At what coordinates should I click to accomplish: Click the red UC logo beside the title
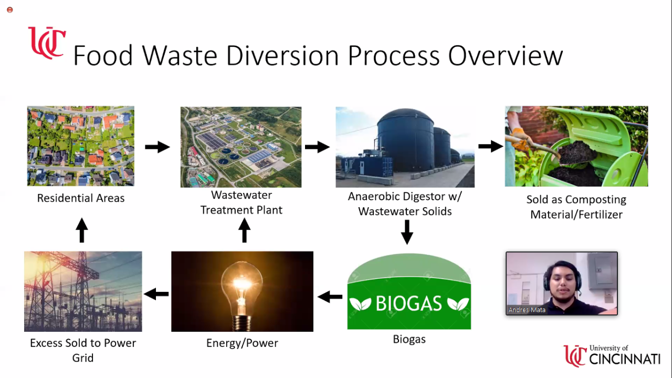click(46, 43)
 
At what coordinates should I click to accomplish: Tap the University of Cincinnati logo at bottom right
click(612, 355)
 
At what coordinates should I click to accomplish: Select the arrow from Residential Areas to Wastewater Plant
click(157, 147)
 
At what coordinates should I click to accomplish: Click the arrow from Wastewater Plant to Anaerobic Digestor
click(317, 147)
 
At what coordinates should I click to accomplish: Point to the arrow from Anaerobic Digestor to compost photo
click(490, 146)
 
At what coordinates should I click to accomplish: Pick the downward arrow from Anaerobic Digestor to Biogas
click(407, 232)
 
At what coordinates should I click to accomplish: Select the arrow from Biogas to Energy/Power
click(330, 297)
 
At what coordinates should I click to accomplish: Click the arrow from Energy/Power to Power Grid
click(156, 294)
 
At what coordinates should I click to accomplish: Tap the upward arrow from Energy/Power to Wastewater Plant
click(244, 231)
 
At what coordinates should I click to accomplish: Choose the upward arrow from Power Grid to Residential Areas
click(81, 230)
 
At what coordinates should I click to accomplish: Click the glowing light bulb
click(241, 284)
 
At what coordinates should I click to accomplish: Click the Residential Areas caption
click(81, 199)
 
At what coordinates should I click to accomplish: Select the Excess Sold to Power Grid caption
click(83, 350)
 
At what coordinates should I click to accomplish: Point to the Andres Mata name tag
click(527, 310)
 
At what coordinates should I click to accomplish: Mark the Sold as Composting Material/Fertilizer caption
click(576, 207)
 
